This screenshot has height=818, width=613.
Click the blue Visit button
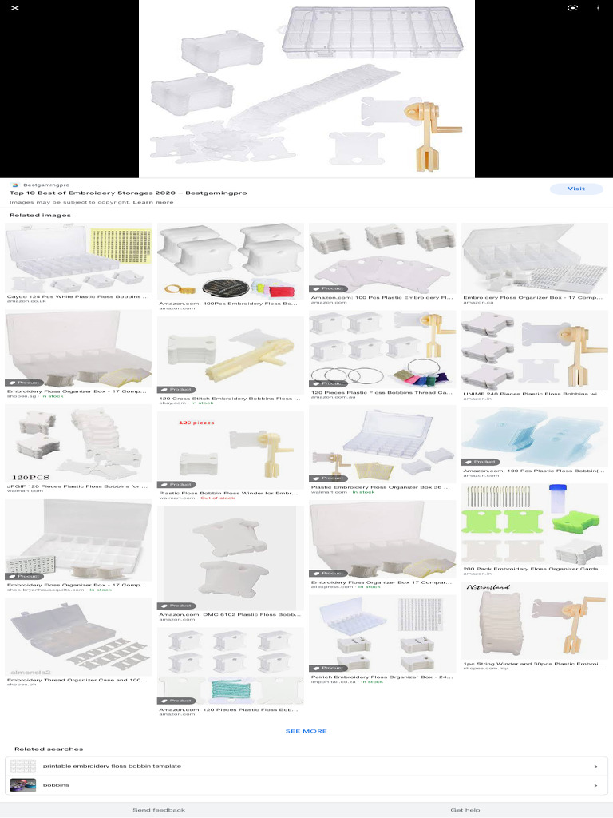575,189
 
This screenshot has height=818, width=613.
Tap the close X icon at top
15,8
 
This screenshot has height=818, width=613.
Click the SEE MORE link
306,731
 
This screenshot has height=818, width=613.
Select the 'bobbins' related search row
306,785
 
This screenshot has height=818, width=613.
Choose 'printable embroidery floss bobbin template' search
306,766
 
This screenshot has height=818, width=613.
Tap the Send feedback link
158,810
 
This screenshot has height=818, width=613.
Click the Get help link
465,810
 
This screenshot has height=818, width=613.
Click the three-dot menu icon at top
598,8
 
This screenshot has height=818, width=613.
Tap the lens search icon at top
572,8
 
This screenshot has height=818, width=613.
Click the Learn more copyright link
153,202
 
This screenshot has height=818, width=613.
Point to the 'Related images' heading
40,216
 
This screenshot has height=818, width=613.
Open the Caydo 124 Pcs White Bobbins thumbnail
78,257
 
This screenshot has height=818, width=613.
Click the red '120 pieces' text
196,423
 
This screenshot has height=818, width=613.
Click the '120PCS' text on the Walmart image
30,477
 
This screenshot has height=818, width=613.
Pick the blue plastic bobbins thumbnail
535,435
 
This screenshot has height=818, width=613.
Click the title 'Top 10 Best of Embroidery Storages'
128,193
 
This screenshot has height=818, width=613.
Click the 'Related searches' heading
48,749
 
